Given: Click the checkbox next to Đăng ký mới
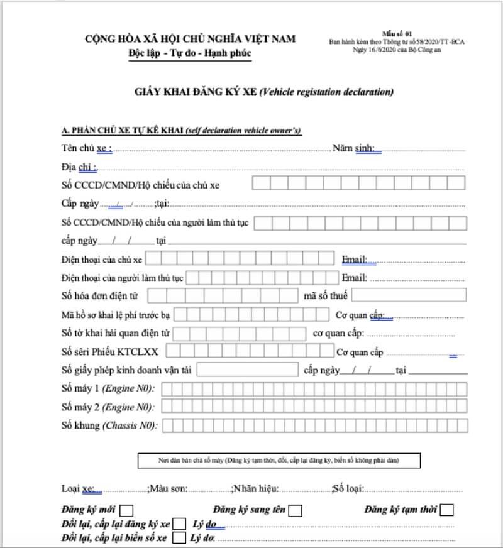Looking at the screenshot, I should pos(126,510).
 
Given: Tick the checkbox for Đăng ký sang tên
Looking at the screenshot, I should pos(296,510).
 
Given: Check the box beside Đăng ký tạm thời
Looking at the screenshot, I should pos(447,510).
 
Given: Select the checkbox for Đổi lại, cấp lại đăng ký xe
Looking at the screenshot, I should pos(179,523).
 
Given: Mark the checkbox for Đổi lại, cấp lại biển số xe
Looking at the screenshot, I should pos(179,537).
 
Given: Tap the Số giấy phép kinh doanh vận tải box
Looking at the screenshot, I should pos(247,370).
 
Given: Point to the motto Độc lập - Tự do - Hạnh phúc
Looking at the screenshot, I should pos(190,53).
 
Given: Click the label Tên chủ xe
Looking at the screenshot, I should pos(87,148).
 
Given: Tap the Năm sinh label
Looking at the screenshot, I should pos(353,148).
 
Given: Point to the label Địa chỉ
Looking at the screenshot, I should pos(79,167).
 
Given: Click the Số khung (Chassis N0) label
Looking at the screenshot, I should pos(109,425).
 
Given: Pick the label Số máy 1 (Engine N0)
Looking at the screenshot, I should pos(108,388).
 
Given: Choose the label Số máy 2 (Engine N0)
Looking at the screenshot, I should pos(108,407).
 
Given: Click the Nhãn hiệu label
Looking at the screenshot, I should pos(255,488).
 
